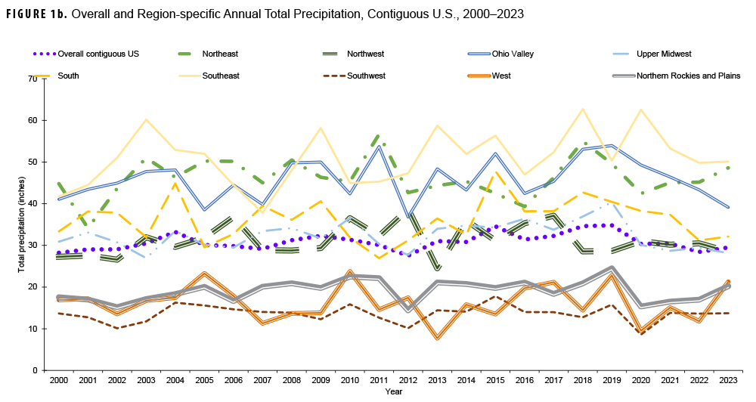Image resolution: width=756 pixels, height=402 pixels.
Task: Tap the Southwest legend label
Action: coord(366,76)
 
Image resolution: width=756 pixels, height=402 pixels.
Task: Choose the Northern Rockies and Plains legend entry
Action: coord(688,76)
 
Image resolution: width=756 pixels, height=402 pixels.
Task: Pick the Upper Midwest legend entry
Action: coord(661,54)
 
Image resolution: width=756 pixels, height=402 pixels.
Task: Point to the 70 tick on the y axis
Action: coord(33,79)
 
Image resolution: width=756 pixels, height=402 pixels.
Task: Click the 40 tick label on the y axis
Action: coord(33,204)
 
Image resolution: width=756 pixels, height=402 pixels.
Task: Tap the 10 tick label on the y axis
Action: coord(33,329)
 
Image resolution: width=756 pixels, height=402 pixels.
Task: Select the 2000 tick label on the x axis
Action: coord(58,379)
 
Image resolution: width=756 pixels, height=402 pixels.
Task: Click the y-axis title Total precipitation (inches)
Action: coord(21,224)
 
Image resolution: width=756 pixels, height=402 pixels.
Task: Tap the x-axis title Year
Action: coord(394,391)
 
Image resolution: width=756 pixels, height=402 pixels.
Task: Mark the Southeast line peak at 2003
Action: coord(146,119)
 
